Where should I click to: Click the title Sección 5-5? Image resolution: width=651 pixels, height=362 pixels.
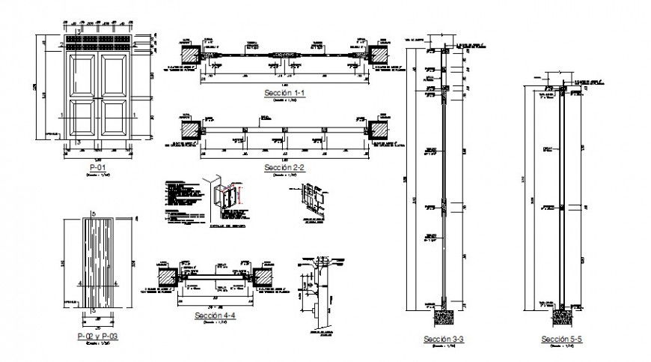[x=562, y=340]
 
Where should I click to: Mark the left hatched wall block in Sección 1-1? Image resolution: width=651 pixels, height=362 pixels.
[x=191, y=55]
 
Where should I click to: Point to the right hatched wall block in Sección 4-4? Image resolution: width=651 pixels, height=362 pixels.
[x=263, y=277]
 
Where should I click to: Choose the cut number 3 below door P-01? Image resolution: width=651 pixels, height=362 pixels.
[x=78, y=141]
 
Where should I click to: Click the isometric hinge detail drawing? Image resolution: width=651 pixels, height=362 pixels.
[x=227, y=196]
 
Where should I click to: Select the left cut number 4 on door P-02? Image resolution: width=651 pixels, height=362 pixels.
[x=79, y=284]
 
